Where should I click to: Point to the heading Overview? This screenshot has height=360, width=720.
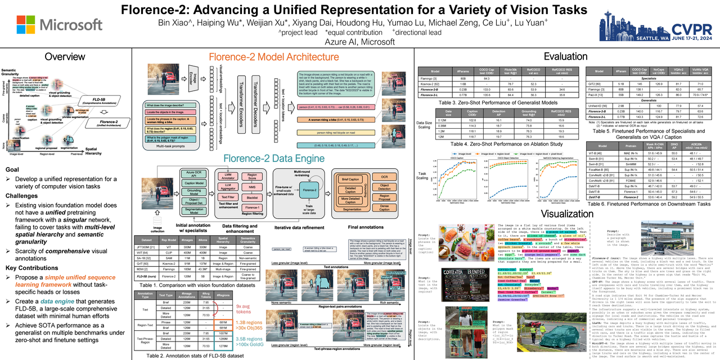tap(65, 57)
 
